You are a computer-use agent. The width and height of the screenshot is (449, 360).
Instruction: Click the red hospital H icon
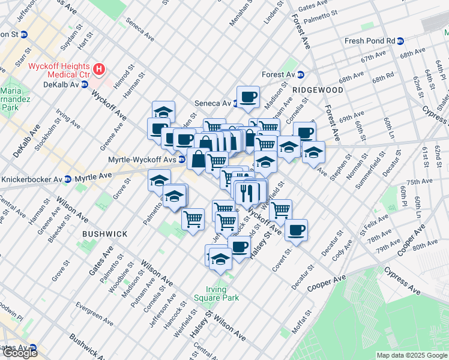click(101, 71)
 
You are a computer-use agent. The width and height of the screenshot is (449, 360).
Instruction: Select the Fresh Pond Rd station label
click(369, 41)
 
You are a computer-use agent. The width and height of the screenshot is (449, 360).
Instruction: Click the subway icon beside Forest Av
click(301, 75)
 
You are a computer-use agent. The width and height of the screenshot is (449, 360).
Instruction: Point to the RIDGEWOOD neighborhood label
click(318, 89)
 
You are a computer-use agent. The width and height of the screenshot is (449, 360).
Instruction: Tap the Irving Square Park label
click(217, 292)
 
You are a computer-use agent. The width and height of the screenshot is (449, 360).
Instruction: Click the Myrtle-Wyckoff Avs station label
click(142, 160)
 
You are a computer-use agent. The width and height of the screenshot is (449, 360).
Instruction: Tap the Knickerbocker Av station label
click(35, 179)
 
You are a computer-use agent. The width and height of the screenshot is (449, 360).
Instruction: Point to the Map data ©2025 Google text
click(411, 355)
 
